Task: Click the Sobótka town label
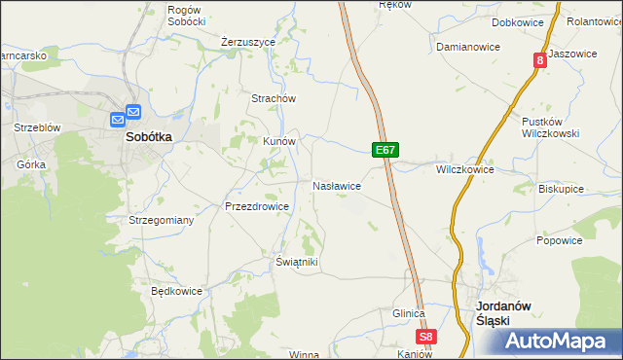click(x=148, y=137)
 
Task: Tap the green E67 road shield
click(x=385, y=150)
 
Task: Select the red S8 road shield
click(x=426, y=338)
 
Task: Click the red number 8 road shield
click(x=539, y=60)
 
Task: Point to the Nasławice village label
click(x=337, y=185)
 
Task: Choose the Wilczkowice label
click(x=464, y=169)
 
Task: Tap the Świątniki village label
click(x=297, y=263)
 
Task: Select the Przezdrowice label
click(x=257, y=206)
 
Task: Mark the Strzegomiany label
click(x=162, y=221)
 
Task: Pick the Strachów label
click(x=274, y=98)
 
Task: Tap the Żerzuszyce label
click(x=248, y=43)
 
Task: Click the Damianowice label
click(x=467, y=47)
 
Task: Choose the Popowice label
click(x=559, y=240)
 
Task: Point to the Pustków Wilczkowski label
click(x=551, y=127)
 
